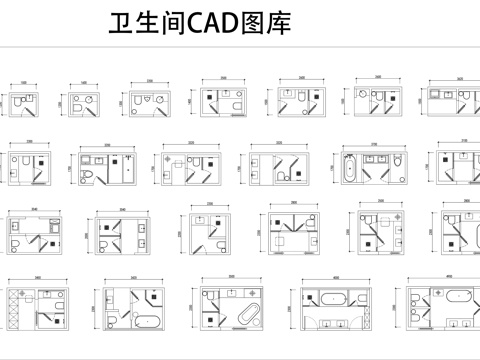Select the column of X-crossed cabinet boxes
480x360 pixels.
point(13,309)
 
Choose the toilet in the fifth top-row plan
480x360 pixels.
point(301,94)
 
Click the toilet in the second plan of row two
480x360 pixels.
point(89,176)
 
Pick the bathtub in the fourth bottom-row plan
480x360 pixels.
point(335,297)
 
